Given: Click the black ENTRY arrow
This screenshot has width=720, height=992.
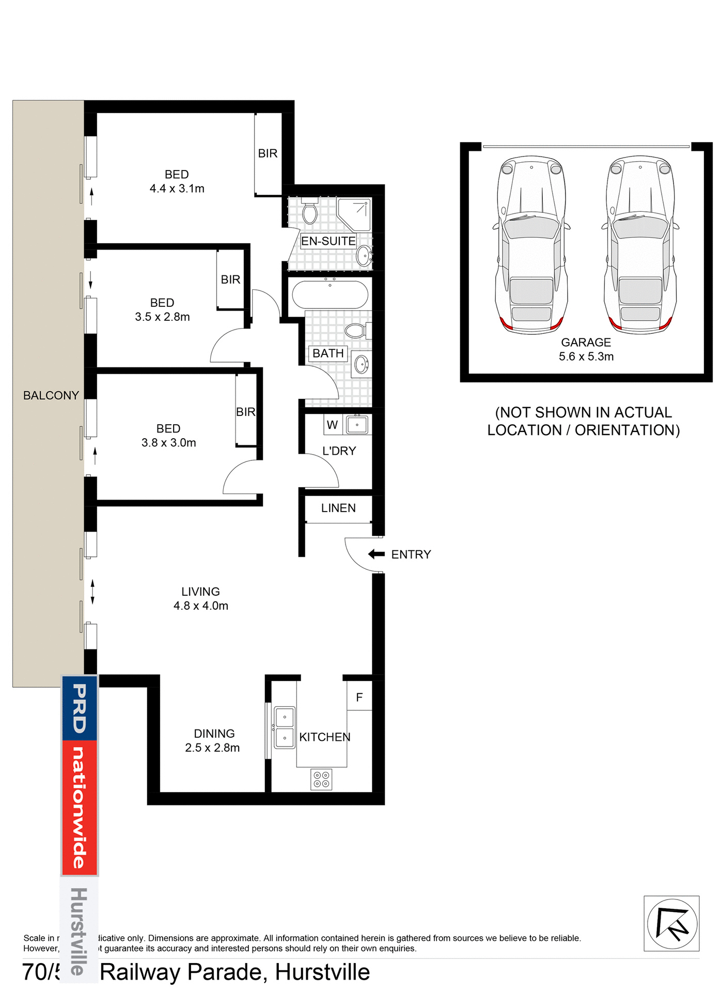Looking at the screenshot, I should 376,554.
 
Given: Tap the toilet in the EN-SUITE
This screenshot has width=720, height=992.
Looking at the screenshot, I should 310,211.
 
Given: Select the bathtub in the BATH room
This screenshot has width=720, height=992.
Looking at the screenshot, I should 330,295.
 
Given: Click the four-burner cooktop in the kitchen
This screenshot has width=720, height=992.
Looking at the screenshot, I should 321,780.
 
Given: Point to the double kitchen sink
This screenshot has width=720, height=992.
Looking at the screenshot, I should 285,727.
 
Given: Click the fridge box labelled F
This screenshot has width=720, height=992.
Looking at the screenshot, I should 359,697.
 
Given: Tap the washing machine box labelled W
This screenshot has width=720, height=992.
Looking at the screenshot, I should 332,425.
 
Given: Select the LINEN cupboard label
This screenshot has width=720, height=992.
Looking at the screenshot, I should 338,508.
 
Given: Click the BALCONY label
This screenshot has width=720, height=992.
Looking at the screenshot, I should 51,395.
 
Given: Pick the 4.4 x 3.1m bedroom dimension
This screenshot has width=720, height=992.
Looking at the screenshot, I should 177,189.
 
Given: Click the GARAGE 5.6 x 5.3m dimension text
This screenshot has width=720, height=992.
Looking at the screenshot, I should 586,357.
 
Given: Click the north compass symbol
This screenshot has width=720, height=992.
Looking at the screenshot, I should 671,923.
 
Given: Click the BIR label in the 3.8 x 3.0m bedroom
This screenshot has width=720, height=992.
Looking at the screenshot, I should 246,412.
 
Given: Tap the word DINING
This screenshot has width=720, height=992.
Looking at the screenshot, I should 214,734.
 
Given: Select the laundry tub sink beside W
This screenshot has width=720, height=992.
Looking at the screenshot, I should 357,425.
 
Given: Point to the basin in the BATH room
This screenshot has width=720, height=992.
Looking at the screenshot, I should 362,365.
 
